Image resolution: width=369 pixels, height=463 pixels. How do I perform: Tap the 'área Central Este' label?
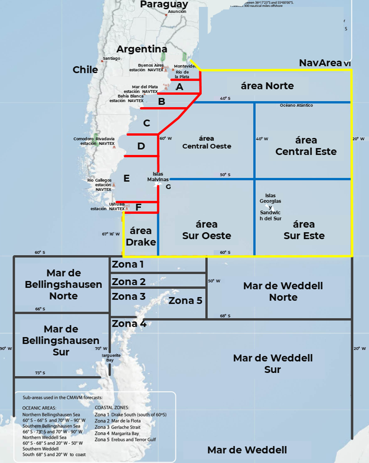[306, 146]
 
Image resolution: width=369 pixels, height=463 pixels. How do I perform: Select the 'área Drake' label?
[141, 236]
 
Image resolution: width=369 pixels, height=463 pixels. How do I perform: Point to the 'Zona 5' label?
[185, 301]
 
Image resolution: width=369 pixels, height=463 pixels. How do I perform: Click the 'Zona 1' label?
[128, 264]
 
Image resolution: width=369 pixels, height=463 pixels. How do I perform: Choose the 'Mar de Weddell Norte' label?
[283, 292]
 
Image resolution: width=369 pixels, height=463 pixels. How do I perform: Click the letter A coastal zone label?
[180, 86]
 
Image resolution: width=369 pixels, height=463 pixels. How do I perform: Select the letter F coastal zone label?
[138, 207]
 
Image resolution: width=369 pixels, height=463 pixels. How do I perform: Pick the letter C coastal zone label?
[146, 123]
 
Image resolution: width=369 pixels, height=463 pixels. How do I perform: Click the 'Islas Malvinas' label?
[158, 177]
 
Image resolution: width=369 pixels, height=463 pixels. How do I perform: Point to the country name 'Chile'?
[85, 70]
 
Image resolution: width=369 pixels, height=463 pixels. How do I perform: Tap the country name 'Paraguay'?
[164, 4]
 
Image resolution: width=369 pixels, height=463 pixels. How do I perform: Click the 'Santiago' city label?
[112, 58]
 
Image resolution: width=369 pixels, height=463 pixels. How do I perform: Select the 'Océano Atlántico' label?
[296, 105]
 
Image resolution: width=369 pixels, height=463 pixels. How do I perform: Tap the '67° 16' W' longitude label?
[111, 234]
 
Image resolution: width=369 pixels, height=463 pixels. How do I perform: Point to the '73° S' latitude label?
[40, 373]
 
